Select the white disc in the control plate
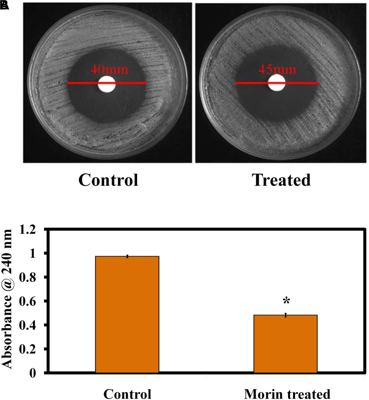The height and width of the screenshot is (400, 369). pos(107,84)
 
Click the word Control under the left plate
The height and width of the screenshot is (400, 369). pos(106,180)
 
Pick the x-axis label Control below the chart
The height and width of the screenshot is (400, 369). pos(127,394)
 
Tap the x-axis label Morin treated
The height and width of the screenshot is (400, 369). pos(286,394)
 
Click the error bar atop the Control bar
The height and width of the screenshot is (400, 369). pos(127,256)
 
